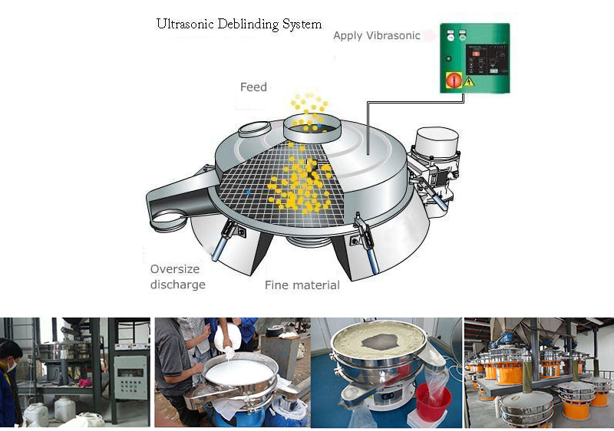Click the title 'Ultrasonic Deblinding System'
coord(239,24)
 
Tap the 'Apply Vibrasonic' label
coord(376,35)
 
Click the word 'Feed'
coord(253,87)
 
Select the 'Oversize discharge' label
coord(177,277)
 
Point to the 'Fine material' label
coord(302,285)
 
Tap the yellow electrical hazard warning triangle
coord(468,80)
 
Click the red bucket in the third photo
coord(433,400)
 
